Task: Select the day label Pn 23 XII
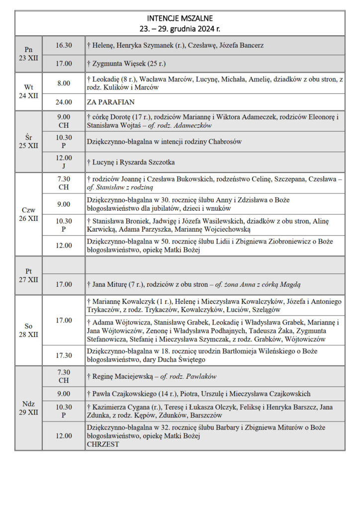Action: tap(29, 54)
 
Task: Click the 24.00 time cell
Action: tap(64, 102)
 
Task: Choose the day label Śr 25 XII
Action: tap(29, 142)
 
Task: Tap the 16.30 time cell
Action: tap(64, 45)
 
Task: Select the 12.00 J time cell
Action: tap(64, 162)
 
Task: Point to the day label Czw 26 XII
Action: tap(29, 214)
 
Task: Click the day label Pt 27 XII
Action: tap(29, 275)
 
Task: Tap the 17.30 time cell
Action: tap(64, 355)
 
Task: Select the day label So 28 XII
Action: tap(29, 331)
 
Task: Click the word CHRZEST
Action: tap(103, 444)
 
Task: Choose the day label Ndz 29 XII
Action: tap(29, 408)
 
